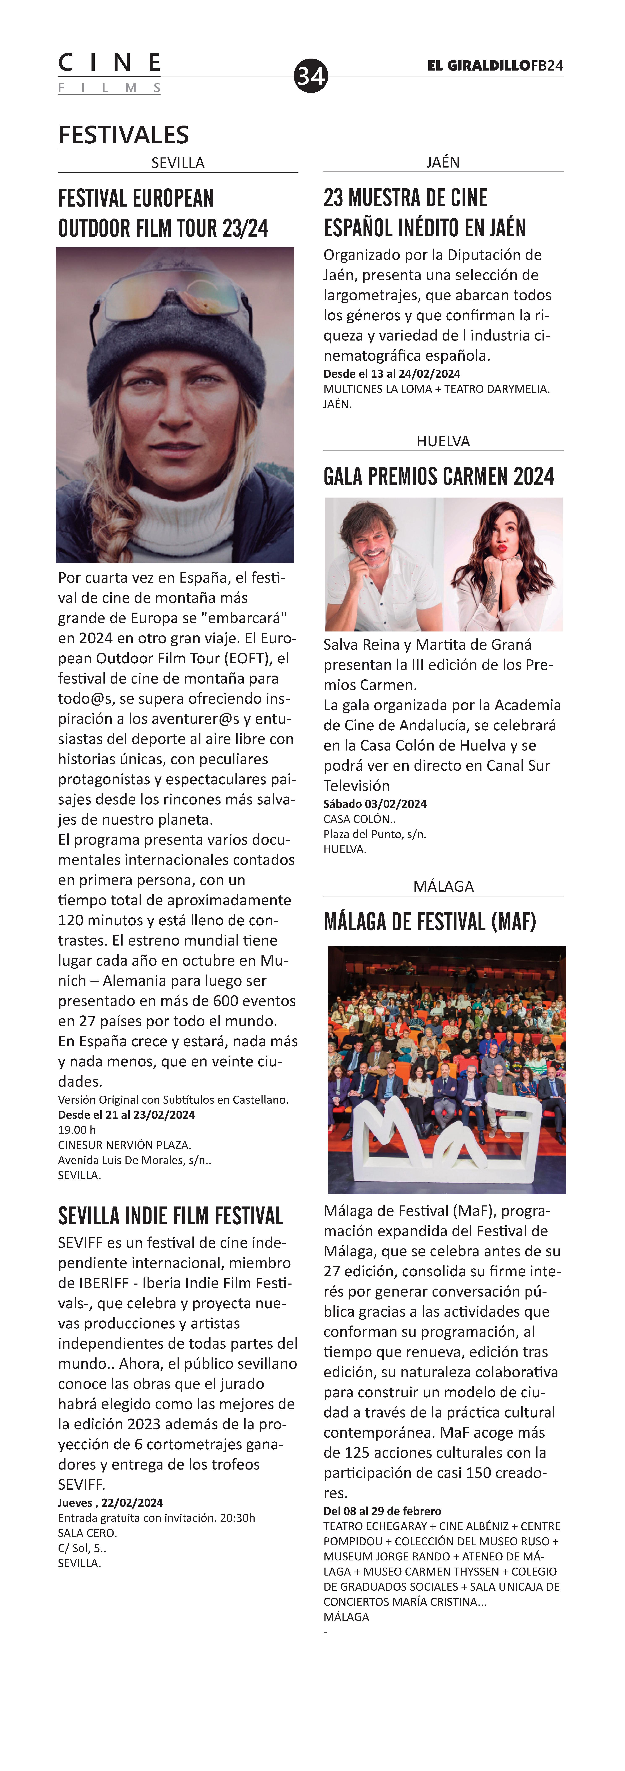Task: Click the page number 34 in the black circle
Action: click(x=311, y=76)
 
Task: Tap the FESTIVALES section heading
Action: click(x=124, y=135)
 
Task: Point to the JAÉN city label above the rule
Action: click(x=443, y=162)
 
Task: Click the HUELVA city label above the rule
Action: click(x=443, y=441)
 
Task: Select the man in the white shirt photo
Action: click(x=383, y=564)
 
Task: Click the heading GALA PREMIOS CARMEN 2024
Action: click(x=439, y=476)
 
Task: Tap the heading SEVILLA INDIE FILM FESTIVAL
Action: click(x=170, y=1216)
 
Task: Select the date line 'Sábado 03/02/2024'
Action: click(x=375, y=804)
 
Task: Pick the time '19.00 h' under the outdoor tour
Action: click(x=77, y=1130)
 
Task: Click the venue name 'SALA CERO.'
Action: click(x=87, y=1533)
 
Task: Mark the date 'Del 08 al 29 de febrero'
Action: click(x=382, y=1511)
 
